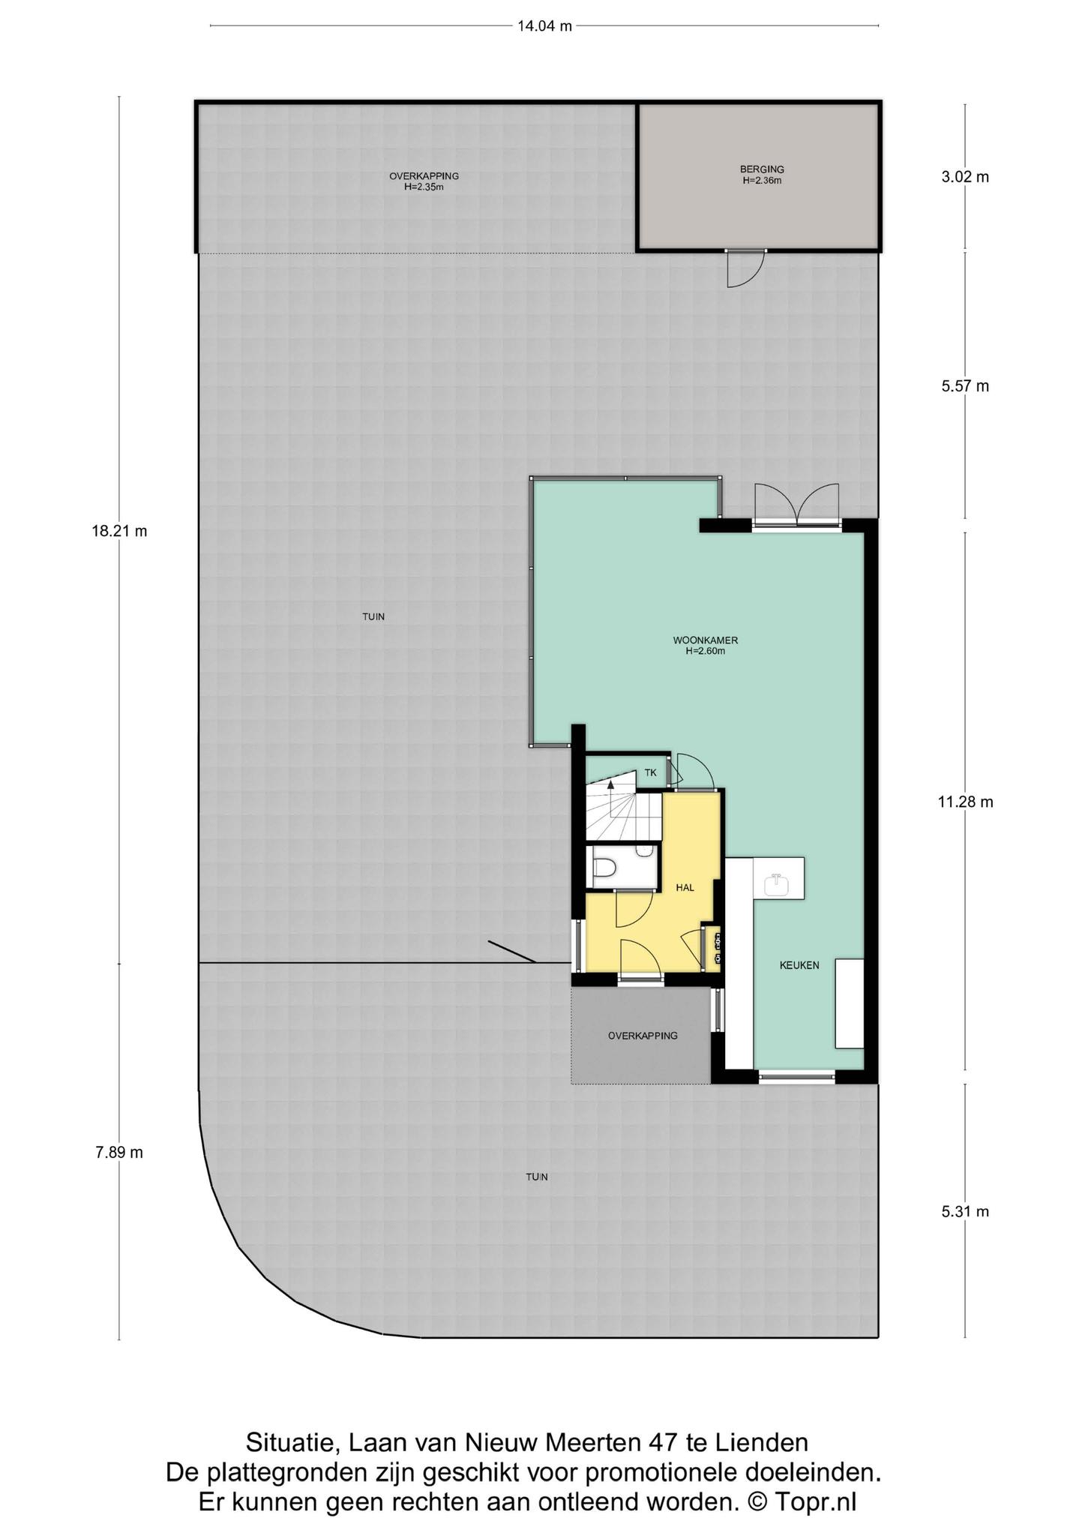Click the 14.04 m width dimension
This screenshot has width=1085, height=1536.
click(x=544, y=26)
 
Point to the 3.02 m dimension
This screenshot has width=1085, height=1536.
click(x=965, y=177)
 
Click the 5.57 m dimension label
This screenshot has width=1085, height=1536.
click(x=965, y=386)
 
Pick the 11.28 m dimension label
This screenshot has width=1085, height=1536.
click(x=965, y=802)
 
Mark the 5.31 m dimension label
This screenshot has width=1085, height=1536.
click(x=965, y=1211)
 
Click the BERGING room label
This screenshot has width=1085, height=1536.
click(x=762, y=169)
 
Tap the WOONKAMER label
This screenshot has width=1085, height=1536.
click(x=706, y=640)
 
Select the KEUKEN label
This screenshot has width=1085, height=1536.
click(x=799, y=965)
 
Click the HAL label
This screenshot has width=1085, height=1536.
click(x=685, y=887)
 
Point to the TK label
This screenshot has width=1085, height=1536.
click(x=650, y=772)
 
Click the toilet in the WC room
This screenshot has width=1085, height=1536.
click(x=604, y=867)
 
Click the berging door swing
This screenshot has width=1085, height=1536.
click(x=746, y=268)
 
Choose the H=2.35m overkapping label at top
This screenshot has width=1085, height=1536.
click(x=424, y=187)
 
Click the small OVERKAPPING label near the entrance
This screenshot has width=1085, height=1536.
click(x=643, y=1036)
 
